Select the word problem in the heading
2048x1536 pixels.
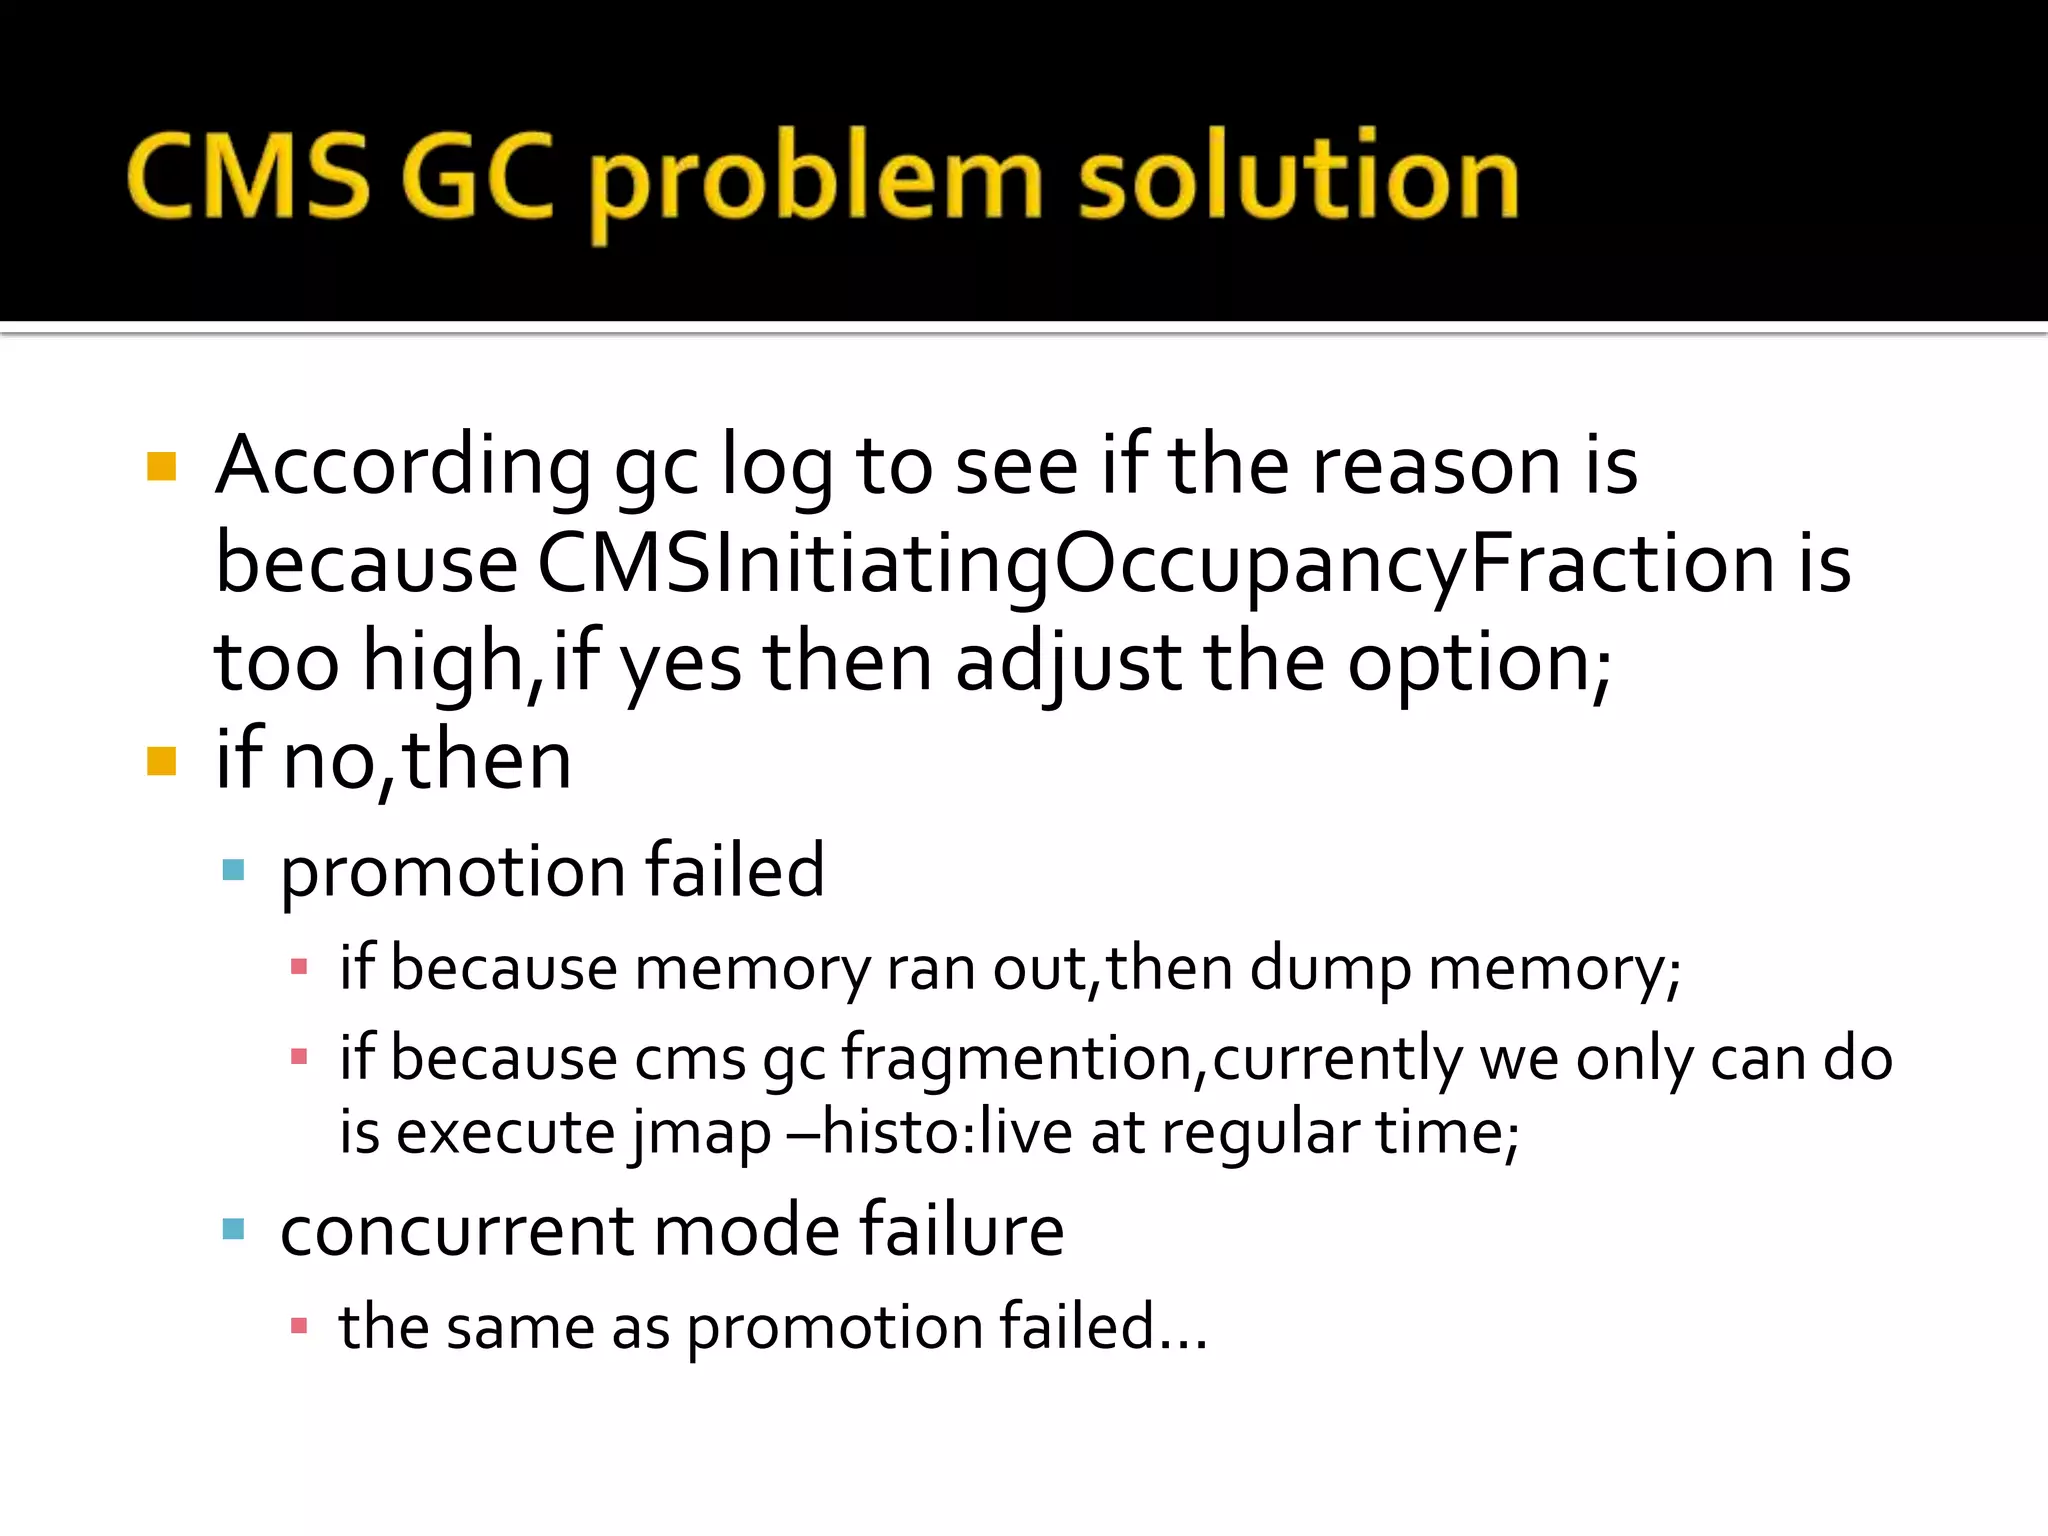(820, 180)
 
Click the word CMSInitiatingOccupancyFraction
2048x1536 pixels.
(1155, 563)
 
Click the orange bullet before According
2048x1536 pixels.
(161, 467)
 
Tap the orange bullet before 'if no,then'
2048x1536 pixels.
(161, 761)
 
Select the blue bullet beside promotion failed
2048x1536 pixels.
(234, 870)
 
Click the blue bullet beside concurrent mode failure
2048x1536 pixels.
(234, 1229)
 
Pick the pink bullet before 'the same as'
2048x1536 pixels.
(298, 1326)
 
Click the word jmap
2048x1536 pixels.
(701, 1134)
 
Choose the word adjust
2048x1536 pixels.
(1068, 662)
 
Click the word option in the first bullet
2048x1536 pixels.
(1478, 662)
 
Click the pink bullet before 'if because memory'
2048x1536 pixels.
(298, 967)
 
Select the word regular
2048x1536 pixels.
(1260, 1134)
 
